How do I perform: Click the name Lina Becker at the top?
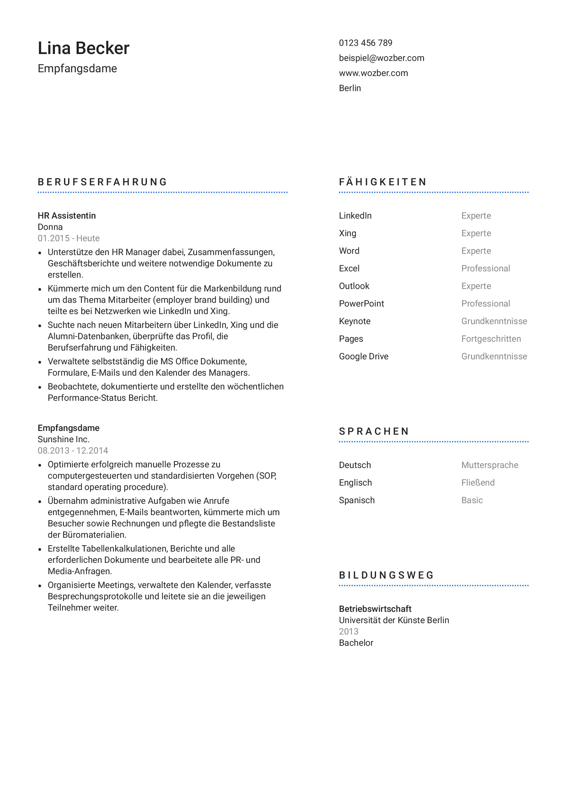pyautogui.click(x=83, y=48)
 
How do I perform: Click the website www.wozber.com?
pyautogui.click(x=373, y=73)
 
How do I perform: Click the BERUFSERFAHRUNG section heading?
pyautogui.click(x=102, y=182)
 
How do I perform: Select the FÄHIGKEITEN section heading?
pyautogui.click(x=383, y=182)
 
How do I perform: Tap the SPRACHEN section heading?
pyautogui.click(x=374, y=431)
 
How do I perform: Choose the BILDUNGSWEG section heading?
pyautogui.click(x=386, y=575)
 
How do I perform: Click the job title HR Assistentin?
pyautogui.click(x=67, y=216)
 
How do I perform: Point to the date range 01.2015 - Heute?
pyautogui.click(x=68, y=238)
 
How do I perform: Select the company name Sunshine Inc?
pyautogui.click(x=63, y=439)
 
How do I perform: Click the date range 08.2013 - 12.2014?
pyautogui.click(x=73, y=450)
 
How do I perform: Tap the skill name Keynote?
pyautogui.click(x=354, y=321)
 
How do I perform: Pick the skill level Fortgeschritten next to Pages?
pyautogui.click(x=491, y=339)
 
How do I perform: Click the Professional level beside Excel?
pyautogui.click(x=485, y=268)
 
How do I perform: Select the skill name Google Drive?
pyautogui.click(x=363, y=356)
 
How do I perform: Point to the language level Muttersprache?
pyautogui.click(x=489, y=465)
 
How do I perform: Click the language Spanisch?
pyautogui.click(x=357, y=500)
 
